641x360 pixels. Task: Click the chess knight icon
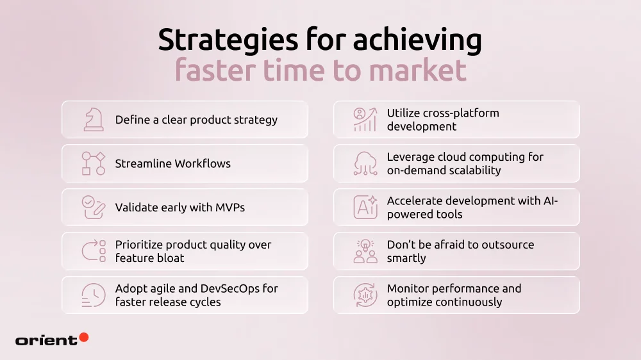[94, 120]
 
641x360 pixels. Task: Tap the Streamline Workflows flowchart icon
[94, 163]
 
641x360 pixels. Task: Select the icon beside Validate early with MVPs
[94, 208]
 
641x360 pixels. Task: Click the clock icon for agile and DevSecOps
[94, 295]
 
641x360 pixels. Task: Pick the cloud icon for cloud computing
[365, 163]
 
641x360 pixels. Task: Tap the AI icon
[365, 208]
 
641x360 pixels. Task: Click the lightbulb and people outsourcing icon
[365, 251]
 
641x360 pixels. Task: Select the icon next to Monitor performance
[365, 295]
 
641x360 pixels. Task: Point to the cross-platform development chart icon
[365, 120]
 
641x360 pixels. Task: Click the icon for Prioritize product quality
[94, 251]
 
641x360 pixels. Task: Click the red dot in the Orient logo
[83, 338]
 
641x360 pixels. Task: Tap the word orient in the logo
[46, 340]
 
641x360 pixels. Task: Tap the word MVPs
[229, 208]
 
